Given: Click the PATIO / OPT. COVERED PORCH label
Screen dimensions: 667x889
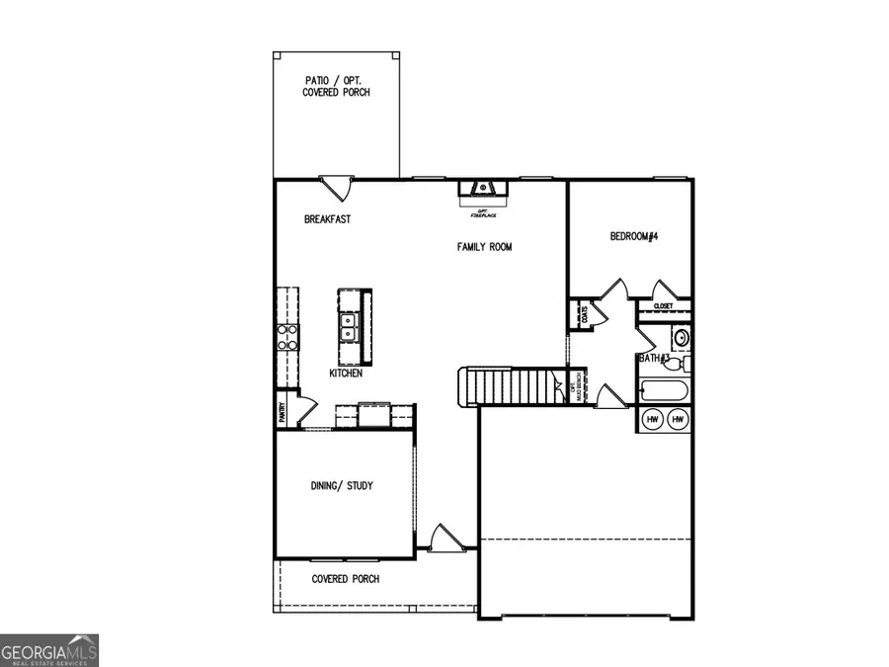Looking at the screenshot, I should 336,86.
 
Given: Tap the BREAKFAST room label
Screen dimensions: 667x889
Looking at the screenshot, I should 327,219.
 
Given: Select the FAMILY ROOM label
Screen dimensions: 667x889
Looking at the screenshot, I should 484,247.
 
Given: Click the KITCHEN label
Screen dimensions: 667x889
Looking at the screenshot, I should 346,374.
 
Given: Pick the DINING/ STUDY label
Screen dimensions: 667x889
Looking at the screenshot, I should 342,486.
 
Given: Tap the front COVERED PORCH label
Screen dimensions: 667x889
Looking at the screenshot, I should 345,579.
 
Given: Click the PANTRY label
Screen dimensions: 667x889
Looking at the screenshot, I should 283,409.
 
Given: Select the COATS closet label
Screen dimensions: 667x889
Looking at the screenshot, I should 585,315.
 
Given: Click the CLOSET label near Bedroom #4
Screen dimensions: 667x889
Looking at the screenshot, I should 662,306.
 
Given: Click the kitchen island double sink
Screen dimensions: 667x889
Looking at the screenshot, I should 348,326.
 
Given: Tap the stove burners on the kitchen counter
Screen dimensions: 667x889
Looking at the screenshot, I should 287,338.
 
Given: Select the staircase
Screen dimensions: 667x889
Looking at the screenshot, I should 509,385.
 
